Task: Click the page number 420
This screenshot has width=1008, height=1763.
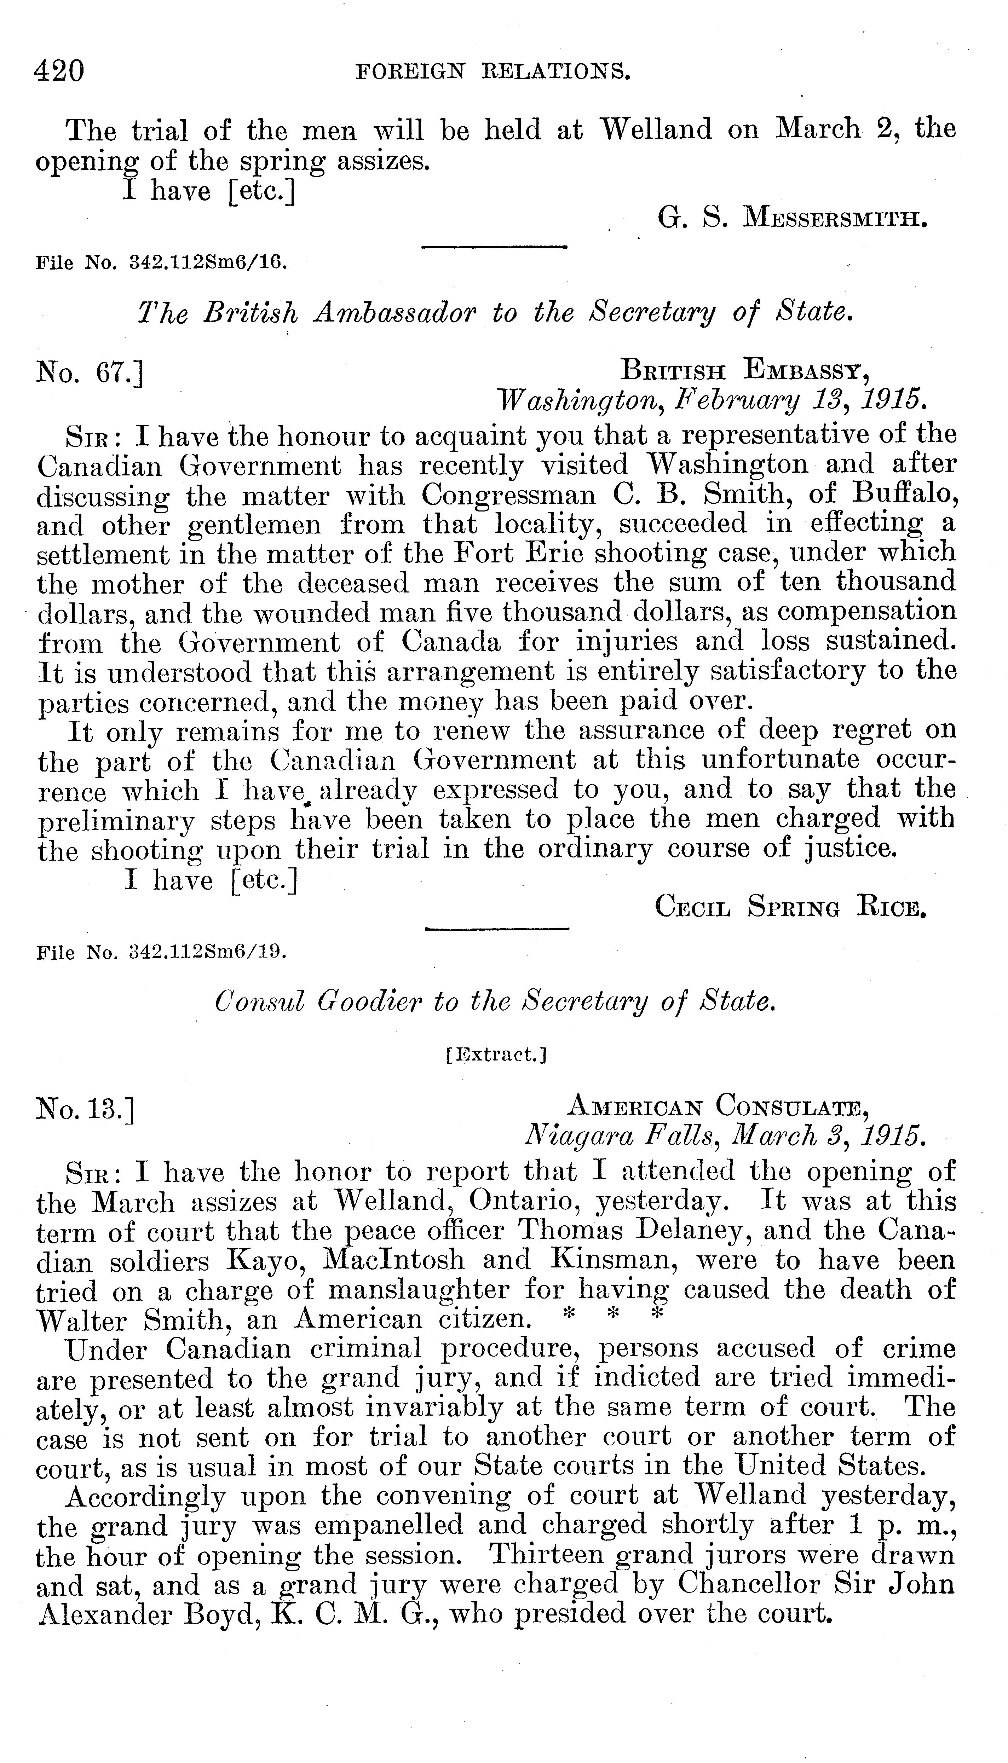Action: (59, 71)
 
